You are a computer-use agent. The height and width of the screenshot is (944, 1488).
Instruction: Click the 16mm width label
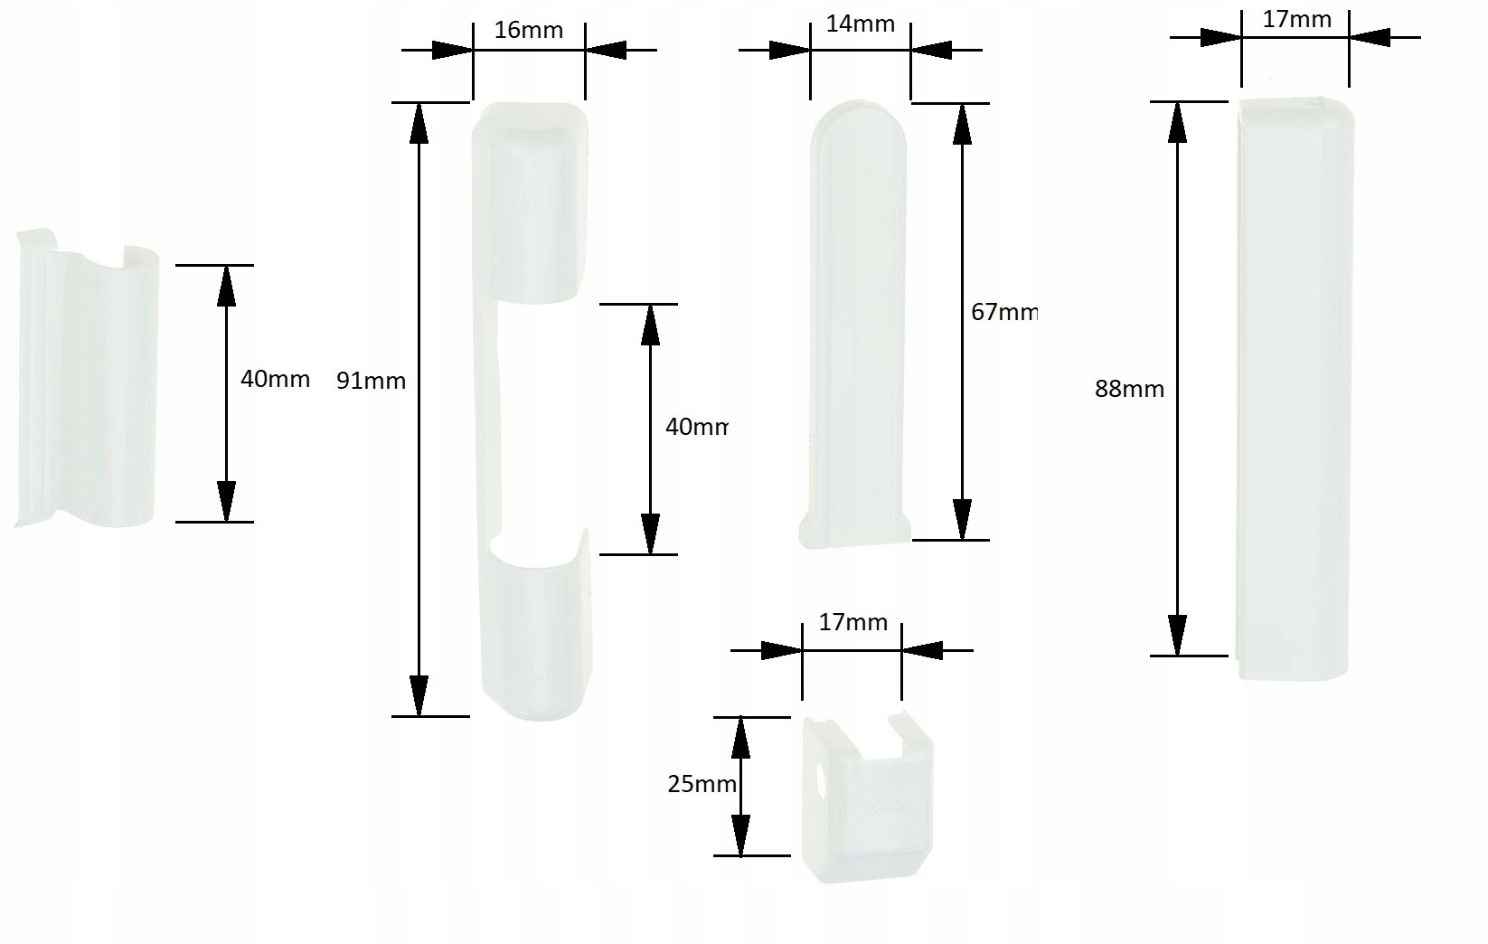(529, 31)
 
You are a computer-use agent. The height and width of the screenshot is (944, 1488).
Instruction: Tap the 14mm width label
(860, 24)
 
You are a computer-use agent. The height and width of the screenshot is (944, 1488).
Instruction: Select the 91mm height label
(371, 382)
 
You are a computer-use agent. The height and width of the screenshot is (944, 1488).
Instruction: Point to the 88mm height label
(1129, 390)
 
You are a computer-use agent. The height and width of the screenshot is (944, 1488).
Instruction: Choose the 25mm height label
(702, 785)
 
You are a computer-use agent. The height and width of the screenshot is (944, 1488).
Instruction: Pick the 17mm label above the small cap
(852, 623)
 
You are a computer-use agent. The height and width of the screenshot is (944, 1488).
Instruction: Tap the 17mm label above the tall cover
(1296, 19)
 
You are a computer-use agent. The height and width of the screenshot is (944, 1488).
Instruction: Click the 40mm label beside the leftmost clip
(275, 380)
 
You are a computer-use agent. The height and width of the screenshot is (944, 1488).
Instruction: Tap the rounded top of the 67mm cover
(859, 122)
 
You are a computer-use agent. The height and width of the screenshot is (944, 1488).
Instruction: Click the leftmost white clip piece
(86, 380)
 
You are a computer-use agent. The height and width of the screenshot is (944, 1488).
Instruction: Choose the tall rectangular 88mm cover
(1295, 389)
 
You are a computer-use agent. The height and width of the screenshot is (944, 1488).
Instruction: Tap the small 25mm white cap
(866, 800)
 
